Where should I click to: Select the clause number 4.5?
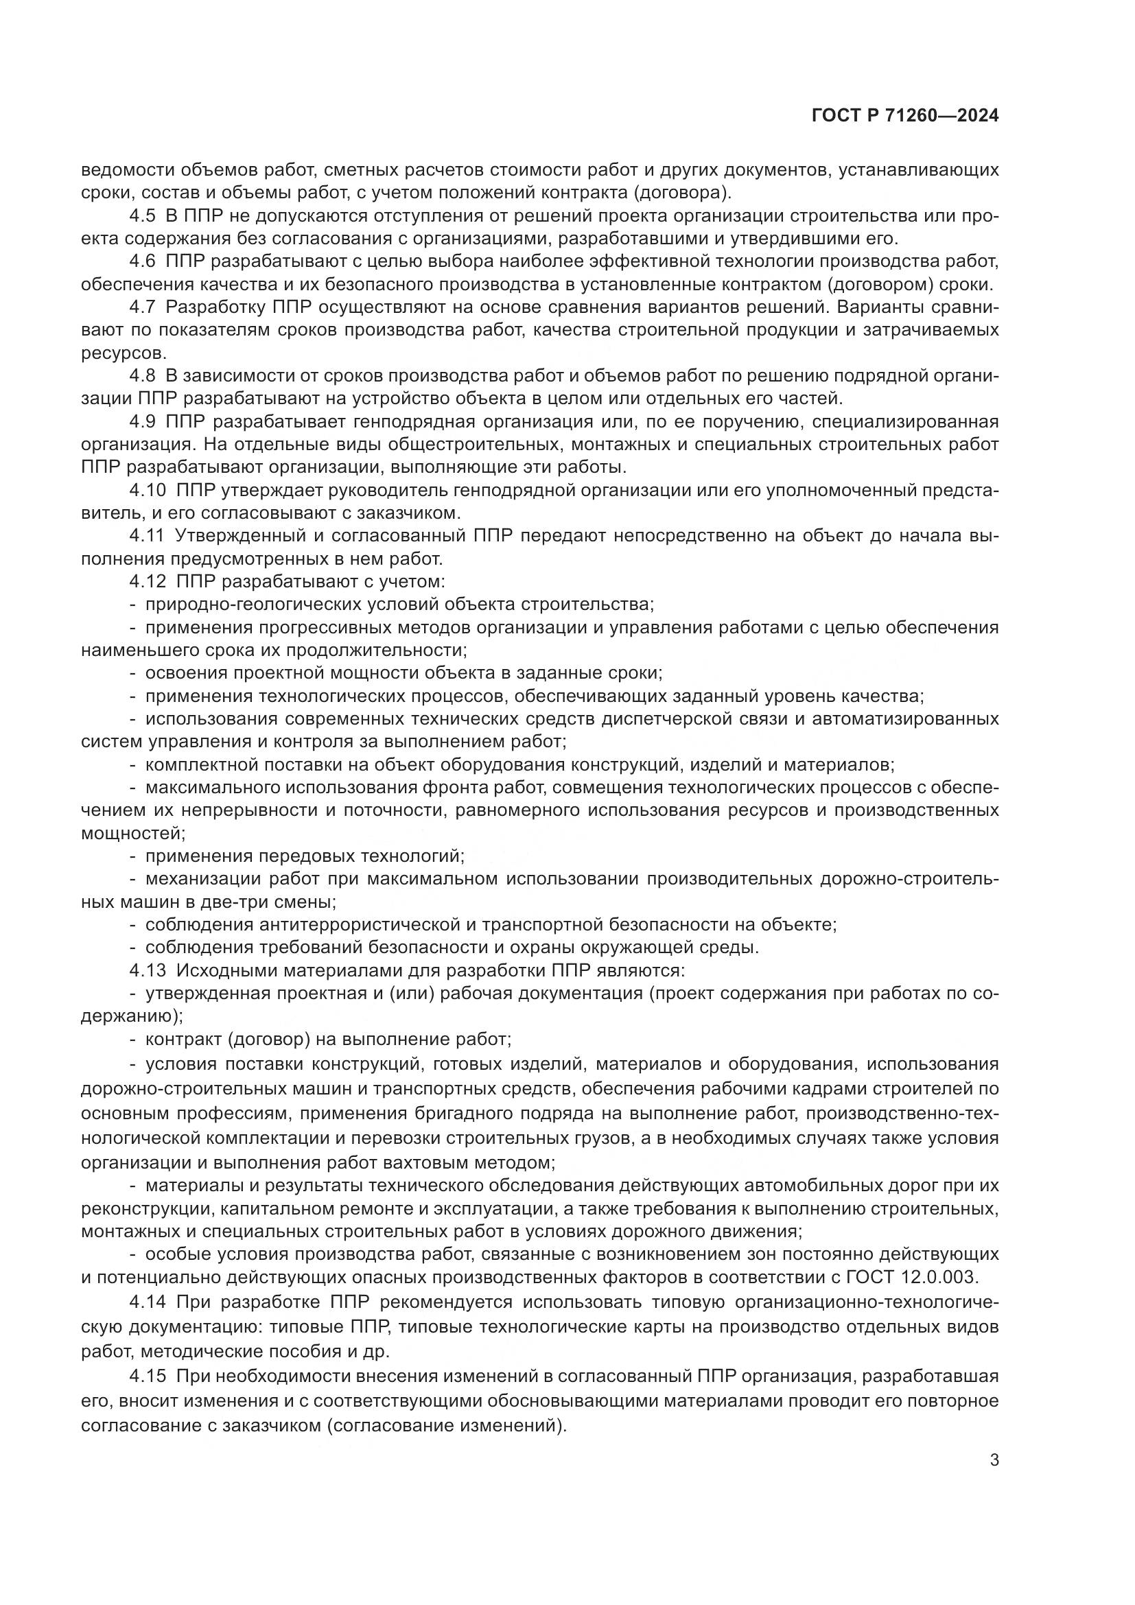coord(142,216)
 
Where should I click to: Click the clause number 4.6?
coord(142,261)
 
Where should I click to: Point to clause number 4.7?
coord(142,307)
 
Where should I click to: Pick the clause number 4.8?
coord(142,376)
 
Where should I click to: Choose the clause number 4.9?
coord(142,421)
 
